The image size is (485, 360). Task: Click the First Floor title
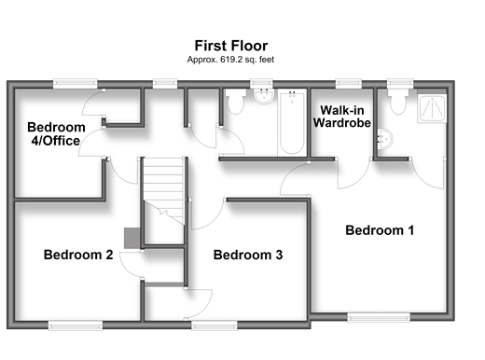pyautogui.click(x=231, y=46)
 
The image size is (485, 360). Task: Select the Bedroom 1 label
pyautogui.click(x=380, y=230)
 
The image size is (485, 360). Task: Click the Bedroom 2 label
pyautogui.click(x=78, y=255)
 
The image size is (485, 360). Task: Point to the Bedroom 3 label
pyautogui.click(x=248, y=255)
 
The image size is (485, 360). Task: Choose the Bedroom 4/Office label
pyautogui.click(x=56, y=134)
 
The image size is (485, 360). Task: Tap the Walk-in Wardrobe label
pyautogui.click(x=342, y=117)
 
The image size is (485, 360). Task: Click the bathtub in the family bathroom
pyautogui.click(x=292, y=122)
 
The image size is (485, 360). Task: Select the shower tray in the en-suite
pyautogui.click(x=432, y=108)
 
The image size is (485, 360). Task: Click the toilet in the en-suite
pyautogui.click(x=398, y=101)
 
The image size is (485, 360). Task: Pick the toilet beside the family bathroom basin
pyautogui.click(x=235, y=101)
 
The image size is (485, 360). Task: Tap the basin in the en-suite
pyautogui.click(x=385, y=139)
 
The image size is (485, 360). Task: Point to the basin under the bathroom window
pyautogui.click(x=264, y=96)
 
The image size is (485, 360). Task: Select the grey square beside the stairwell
pyautogui.click(x=132, y=238)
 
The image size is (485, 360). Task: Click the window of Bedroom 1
pyautogui.click(x=379, y=317)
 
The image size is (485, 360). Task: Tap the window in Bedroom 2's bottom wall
pyautogui.click(x=76, y=325)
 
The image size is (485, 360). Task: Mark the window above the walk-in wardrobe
pyautogui.click(x=349, y=84)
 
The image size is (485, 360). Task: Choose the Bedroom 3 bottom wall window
pyautogui.click(x=215, y=325)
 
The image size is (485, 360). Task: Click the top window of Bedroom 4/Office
pyautogui.click(x=75, y=84)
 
